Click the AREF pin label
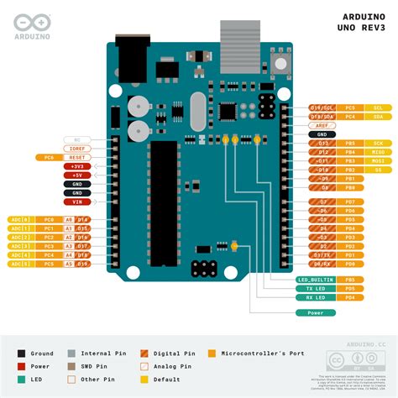322,125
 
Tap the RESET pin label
76,157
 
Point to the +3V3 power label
76,166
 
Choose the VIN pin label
76,202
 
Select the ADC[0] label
19,219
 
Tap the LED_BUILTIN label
316,278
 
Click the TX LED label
316,287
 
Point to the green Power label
316,312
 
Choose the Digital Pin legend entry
176,353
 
